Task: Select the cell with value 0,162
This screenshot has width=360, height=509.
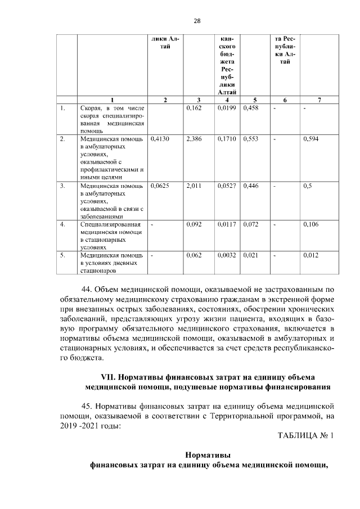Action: pyautogui.click(x=193, y=107)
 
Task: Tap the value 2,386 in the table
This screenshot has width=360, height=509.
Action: pyautogui.click(x=193, y=138)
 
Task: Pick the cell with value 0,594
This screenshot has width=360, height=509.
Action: pyautogui.click(x=310, y=138)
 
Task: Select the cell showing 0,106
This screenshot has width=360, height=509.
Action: pyautogui.click(x=310, y=224)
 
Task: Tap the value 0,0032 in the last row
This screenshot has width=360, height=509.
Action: pyautogui.click(x=227, y=255)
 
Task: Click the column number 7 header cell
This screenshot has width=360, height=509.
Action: pyautogui.click(x=319, y=100)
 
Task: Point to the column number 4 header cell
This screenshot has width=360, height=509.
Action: pyautogui.click(x=228, y=100)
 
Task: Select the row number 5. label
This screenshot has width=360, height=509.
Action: pyautogui.click(x=64, y=255)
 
